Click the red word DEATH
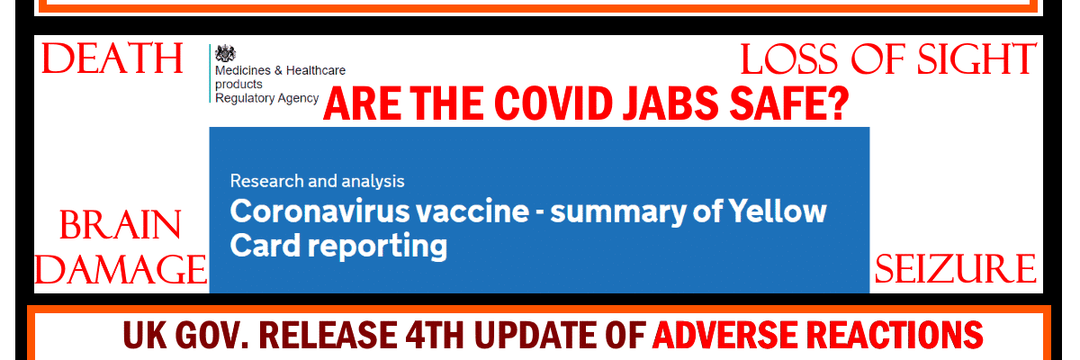(112, 58)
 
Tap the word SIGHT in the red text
(976, 59)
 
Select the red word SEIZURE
(955, 269)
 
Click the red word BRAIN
(120, 225)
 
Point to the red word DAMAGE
(121, 269)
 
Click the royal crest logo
(225, 53)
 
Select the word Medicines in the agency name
(242, 70)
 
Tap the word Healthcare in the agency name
(316, 70)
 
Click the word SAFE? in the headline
(788, 103)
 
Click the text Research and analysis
(317, 181)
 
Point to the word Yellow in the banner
(778, 211)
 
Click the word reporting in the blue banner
(377, 247)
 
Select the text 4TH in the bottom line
(435, 335)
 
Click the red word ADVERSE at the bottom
(724, 335)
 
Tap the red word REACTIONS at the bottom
(895, 335)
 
